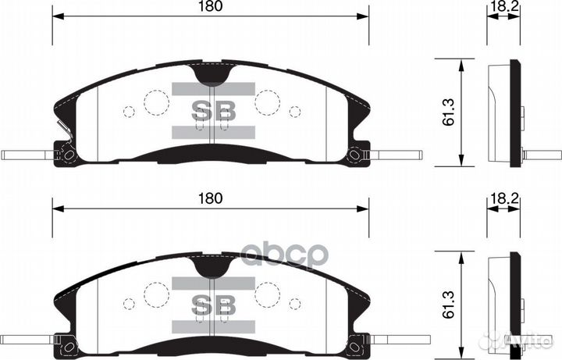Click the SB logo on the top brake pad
pyautogui.click(x=214, y=111)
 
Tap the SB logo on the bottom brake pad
pyautogui.click(x=214, y=302)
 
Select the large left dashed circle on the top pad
pyautogui.click(x=156, y=102)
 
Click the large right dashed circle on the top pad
pyautogui.click(x=268, y=102)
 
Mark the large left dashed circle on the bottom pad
pyautogui.click(x=156, y=294)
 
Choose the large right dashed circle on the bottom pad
pyautogui.click(x=268, y=294)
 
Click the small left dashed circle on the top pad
pyautogui.click(x=129, y=112)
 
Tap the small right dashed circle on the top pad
pyautogui.click(x=295, y=112)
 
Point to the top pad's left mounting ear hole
pyautogui.click(x=68, y=155)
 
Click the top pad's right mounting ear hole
pyautogui.click(x=356, y=155)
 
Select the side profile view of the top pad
pyautogui.click(x=506, y=112)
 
